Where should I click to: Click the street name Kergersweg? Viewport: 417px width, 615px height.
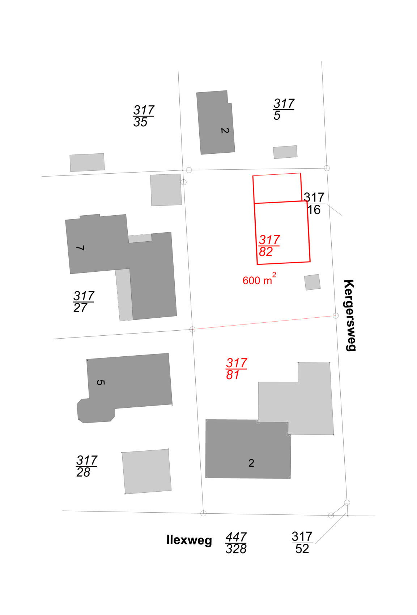tap(349, 315)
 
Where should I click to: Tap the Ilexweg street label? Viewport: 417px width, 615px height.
tap(189, 540)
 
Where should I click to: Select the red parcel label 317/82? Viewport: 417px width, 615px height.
tap(269, 246)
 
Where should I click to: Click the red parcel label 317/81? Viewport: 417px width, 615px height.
tap(236, 369)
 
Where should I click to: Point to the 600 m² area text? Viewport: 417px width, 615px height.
tap(259, 280)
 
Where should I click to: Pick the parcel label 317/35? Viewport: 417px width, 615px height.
tap(143, 116)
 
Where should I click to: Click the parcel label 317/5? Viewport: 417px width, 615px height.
tap(283, 109)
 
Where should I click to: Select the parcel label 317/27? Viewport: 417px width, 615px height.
tap(83, 302)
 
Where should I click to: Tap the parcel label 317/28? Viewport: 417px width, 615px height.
tap(86, 466)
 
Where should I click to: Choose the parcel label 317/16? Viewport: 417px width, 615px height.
tap(314, 204)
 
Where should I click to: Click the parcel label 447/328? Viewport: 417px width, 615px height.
tap(236, 543)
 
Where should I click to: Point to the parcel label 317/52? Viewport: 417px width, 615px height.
tap(302, 543)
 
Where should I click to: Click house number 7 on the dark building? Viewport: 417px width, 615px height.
tap(80, 248)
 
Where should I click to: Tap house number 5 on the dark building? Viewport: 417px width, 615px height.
tap(101, 382)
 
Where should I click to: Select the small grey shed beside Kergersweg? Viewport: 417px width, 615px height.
tap(312, 282)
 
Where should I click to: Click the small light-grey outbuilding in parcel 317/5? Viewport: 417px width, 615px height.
tap(285, 152)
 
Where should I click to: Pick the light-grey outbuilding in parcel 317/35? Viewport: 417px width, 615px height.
tap(87, 162)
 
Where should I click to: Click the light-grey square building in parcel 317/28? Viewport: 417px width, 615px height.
tap(146, 471)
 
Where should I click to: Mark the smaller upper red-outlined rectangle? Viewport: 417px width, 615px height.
tap(277, 188)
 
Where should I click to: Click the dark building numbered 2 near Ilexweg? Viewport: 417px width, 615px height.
tap(248, 449)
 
